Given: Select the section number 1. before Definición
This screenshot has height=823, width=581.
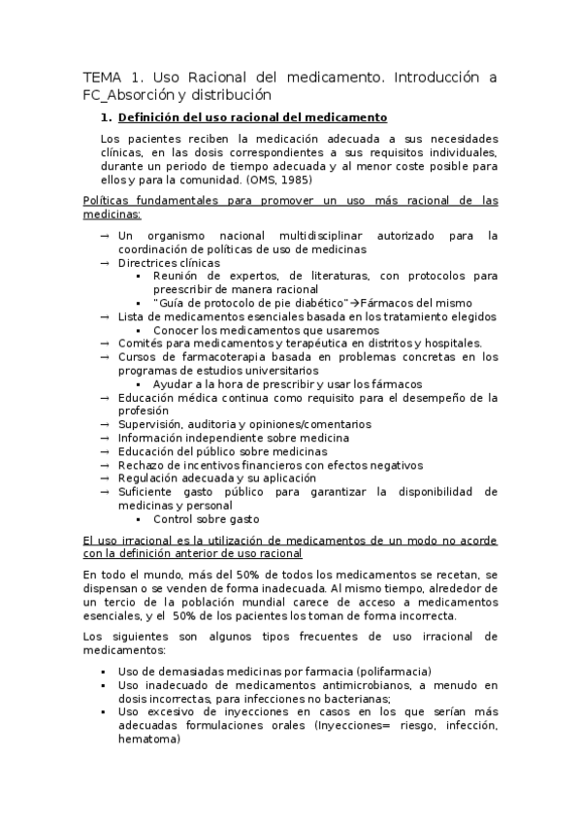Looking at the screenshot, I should (x=107, y=119).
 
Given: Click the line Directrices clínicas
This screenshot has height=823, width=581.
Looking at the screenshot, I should (x=169, y=263).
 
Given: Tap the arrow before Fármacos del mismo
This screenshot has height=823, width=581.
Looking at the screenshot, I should (x=355, y=303).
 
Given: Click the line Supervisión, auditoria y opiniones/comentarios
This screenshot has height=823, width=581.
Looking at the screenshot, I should (x=244, y=424).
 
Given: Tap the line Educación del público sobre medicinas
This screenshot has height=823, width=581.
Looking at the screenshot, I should (x=222, y=451).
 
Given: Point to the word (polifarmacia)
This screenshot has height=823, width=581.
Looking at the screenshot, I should (x=394, y=672).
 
